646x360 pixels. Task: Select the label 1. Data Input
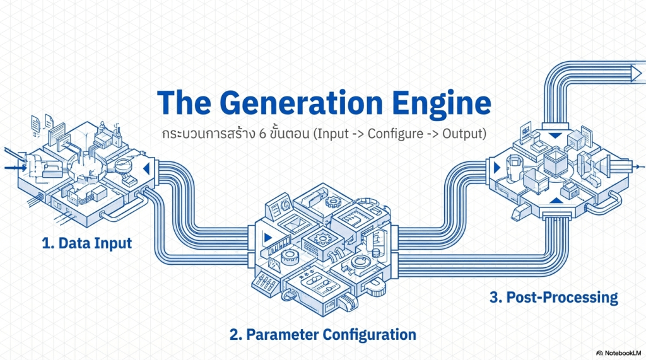(x=87, y=243)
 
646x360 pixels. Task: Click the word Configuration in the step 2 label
(x=370, y=334)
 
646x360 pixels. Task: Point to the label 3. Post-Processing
(x=553, y=297)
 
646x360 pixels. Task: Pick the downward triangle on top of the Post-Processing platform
(x=554, y=135)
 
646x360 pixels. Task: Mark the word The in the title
(x=183, y=103)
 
